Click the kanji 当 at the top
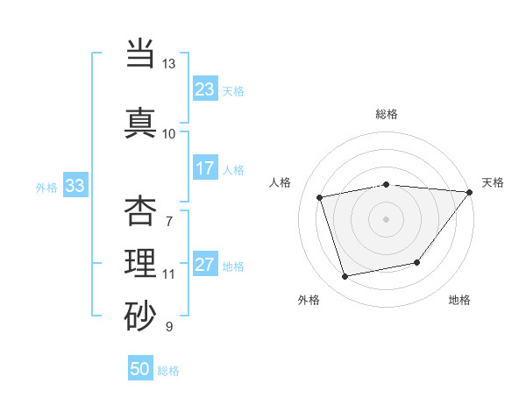(141, 55)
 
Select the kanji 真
(141, 122)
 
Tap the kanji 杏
(141, 211)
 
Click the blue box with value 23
(204, 89)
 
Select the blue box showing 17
(204, 168)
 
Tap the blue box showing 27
(204, 265)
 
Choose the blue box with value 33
(75, 186)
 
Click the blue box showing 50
(140, 369)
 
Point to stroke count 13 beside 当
(168, 64)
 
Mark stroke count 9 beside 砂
(169, 327)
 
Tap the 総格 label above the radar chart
(387, 114)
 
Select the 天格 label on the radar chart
(493, 182)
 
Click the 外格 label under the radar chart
(309, 300)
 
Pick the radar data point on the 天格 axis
(470, 192)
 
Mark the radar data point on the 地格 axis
(417, 262)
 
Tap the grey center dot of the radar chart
(386, 218)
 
